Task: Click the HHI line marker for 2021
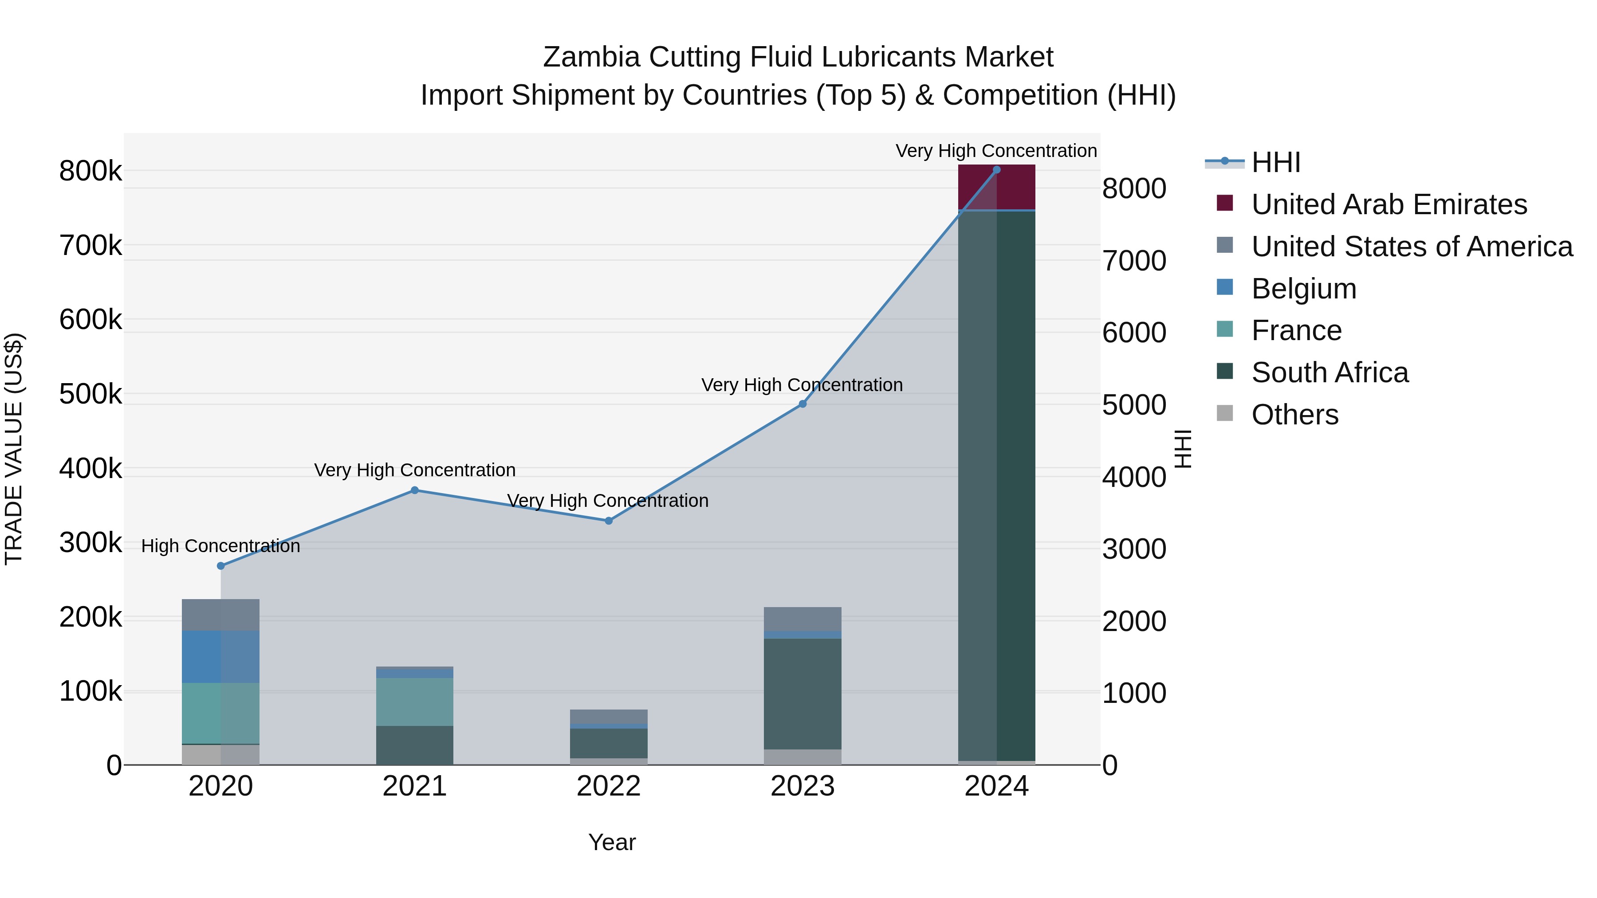point(415,490)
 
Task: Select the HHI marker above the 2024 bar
point(996,170)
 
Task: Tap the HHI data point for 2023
point(802,404)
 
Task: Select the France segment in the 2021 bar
point(415,702)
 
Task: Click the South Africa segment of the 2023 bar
point(802,694)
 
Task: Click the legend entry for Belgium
point(1304,289)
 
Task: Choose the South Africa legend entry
point(1330,373)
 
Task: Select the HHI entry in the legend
point(1276,162)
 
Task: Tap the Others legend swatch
point(1224,413)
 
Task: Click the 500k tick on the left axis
point(90,394)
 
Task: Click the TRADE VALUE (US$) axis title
point(14,449)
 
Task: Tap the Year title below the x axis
point(612,842)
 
